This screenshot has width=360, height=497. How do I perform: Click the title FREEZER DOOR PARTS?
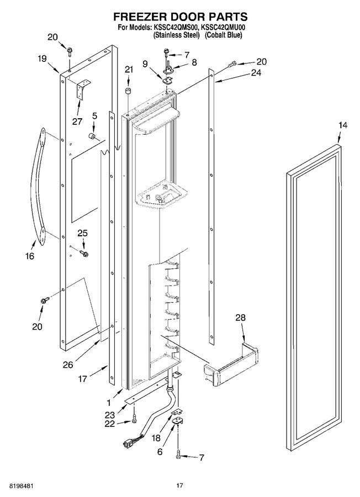[181, 17]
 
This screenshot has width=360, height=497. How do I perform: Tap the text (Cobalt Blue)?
[223, 35]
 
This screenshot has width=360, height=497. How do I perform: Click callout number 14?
[342, 125]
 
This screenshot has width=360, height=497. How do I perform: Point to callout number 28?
[241, 318]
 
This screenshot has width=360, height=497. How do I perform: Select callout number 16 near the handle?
[30, 256]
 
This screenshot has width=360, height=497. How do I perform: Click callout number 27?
[77, 121]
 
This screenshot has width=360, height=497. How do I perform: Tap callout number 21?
[129, 70]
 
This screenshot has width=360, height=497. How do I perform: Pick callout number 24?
[256, 72]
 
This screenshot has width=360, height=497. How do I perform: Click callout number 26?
[68, 365]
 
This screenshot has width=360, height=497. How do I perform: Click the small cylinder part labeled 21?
[128, 91]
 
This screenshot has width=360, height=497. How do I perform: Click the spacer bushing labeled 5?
[92, 136]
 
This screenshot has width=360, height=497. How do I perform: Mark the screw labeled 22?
[134, 419]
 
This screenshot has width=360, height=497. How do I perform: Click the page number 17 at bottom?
[179, 485]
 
